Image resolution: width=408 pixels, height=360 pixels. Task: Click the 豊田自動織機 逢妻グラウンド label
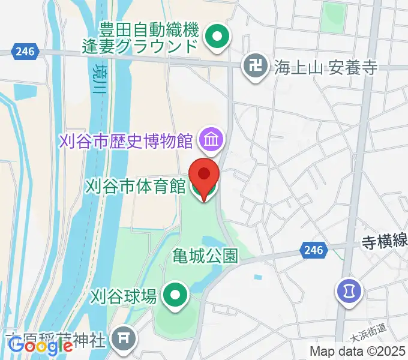tap(149, 37)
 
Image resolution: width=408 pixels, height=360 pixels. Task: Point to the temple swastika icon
tap(256, 67)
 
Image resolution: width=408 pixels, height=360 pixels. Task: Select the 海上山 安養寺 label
tap(326, 67)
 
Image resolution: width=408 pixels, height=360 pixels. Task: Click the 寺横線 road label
tap(384, 241)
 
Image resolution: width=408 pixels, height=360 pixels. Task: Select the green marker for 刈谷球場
tap(175, 295)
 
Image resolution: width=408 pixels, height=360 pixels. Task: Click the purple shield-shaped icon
tap(347, 291)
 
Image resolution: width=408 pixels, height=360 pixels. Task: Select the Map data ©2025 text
tap(358, 352)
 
